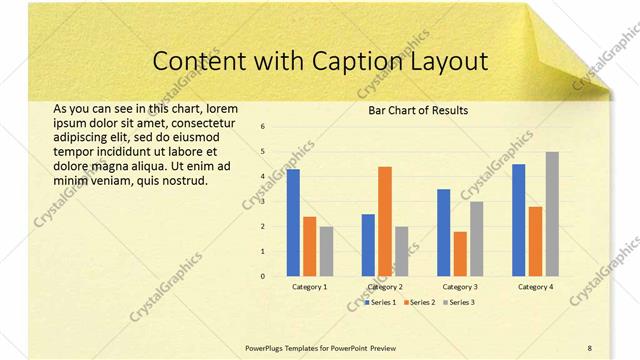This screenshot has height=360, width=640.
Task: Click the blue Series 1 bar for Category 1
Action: tap(293, 222)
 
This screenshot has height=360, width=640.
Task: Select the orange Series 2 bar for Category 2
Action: tap(384, 221)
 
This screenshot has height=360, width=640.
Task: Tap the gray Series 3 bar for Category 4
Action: tap(552, 213)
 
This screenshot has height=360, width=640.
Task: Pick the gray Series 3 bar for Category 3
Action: tap(477, 238)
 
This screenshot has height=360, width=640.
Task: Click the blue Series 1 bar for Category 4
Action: tap(518, 220)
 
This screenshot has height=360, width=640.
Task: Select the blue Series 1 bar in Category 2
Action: tap(368, 244)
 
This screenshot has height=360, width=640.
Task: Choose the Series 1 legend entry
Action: tap(380, 301)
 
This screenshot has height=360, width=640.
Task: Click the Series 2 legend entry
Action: tap(419, 301)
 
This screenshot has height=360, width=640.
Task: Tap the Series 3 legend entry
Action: tap(457, 301)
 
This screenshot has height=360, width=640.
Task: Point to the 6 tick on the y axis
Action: tap(262, 127)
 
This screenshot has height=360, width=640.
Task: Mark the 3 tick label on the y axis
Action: tap(262, 201)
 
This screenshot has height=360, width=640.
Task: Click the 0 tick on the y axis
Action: tap(262, 276)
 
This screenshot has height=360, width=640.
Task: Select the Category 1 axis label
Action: tap(309, 287)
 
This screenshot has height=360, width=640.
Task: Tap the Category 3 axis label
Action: tap(460, 287)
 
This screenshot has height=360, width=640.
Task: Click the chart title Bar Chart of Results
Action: tap(412, 110)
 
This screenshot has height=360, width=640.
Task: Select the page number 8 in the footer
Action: tap(589, 347)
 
